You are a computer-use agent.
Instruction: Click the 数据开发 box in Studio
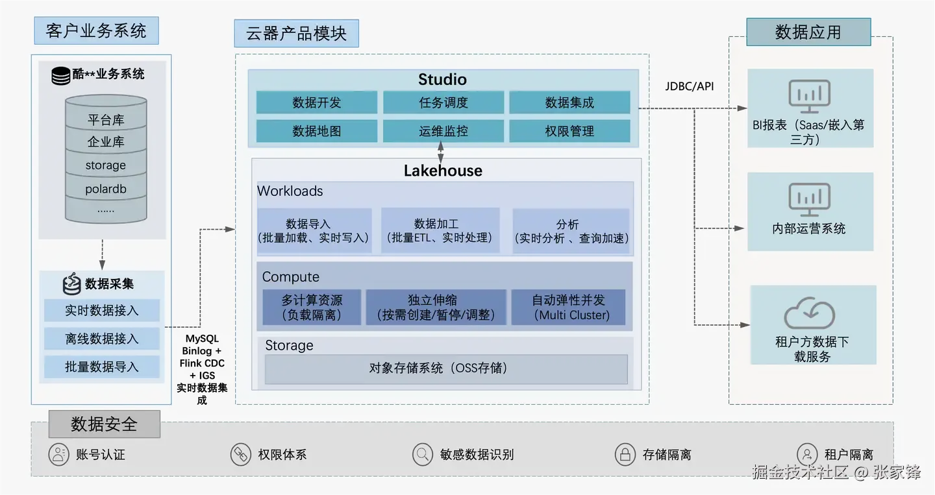click(316, 103)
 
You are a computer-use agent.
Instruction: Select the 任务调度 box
click(443, 103)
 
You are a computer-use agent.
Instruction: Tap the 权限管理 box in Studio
click(569, 131)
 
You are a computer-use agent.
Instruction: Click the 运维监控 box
click(443, 131)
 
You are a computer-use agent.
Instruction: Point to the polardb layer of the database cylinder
click(106, 189)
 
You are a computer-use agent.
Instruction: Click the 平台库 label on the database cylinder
click(106, 120)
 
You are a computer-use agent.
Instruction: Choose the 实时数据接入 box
click(102, 310)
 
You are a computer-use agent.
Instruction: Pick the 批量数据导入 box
click(102, 367)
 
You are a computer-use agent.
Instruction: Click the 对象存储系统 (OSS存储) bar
click(445, 368)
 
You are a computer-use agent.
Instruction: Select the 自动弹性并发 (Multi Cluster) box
click(568, 308)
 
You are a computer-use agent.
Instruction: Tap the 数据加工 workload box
click(440, 230)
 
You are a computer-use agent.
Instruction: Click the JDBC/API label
click(689, 86)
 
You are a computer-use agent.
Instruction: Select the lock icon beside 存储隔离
click(625, 454)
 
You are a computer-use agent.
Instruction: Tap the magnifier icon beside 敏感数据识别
click(423, 454)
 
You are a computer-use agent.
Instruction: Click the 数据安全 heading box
click(104, 424)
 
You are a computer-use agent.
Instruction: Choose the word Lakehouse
click(443, 171)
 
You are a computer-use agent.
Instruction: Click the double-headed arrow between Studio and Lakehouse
click(442, 154)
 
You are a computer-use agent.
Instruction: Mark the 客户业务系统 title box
click(96, 30)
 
